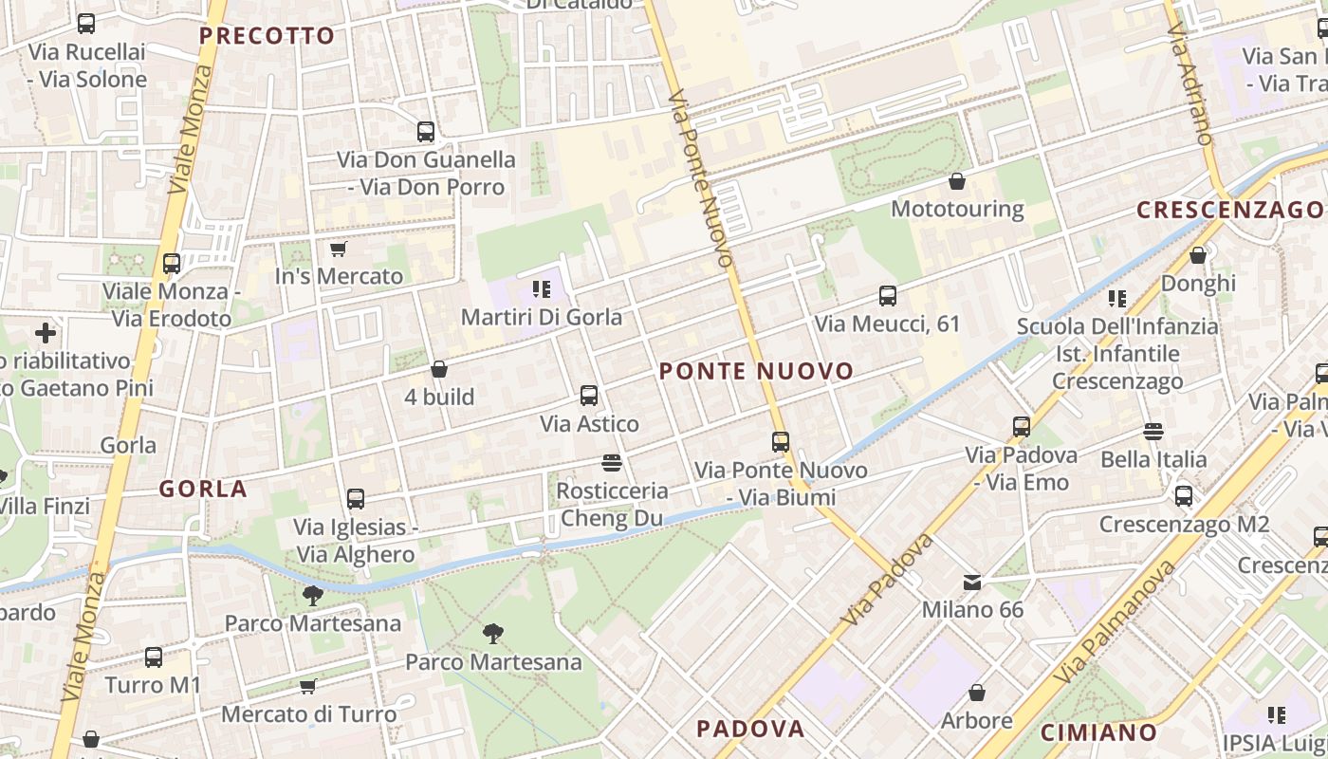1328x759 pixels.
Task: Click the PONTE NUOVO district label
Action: tap(756, 371)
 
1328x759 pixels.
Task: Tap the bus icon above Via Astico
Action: tap(589, 396)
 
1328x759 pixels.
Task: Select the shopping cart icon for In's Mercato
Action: tap(339, 249)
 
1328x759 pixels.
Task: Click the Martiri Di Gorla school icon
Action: tap(542, 288)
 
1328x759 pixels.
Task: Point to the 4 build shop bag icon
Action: tap(438, 369)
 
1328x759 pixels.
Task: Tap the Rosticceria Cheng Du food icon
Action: tap(612, 463)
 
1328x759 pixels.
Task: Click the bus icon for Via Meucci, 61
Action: tap(888, 296)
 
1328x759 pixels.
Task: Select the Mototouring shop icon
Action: tap(957, 180)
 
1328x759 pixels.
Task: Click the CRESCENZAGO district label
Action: tap(1229, 210)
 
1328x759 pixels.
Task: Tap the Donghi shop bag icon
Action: tap(1198, 255)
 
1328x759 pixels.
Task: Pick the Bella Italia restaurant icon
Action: tap(1153, 432)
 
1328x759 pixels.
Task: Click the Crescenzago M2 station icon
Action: tap(1184, 495)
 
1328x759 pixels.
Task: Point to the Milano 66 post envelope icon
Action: tap(972, 582)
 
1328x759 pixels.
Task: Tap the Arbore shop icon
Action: tap(976, 694)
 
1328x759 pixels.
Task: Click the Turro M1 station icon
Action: tap(154, 657)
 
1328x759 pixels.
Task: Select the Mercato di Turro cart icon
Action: tap(307, 686)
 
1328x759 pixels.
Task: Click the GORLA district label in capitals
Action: tap(203, 490)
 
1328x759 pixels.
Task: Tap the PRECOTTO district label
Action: tap(267, 36)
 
